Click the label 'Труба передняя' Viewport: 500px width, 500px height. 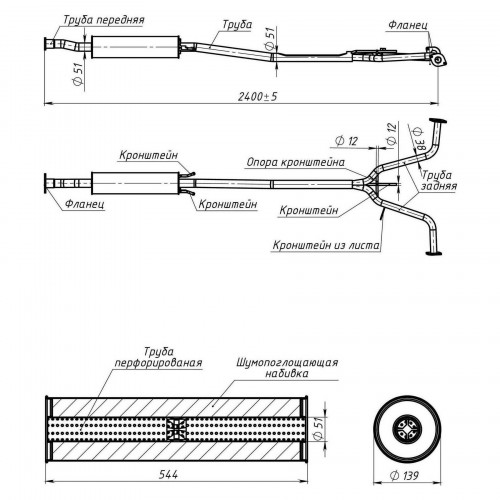104,20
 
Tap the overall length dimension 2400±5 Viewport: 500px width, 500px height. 258,97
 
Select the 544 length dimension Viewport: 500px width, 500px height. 168,474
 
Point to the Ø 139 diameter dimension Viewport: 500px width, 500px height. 404,476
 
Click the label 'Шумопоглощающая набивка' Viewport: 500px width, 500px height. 287,368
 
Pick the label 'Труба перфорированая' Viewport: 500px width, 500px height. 158,357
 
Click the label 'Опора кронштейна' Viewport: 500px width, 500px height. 296,162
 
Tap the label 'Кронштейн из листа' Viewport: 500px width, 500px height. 326,245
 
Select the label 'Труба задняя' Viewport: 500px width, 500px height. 438,180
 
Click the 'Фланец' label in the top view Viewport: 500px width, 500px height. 408,25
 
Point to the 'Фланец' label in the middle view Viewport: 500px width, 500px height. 85,203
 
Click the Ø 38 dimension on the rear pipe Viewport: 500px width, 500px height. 420,138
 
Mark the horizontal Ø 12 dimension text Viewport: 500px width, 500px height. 346,141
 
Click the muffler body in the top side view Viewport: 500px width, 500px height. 136,47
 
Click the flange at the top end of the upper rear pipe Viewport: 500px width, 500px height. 438,121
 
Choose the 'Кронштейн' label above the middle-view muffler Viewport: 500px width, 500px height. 149,155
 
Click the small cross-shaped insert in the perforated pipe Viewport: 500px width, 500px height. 177,428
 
